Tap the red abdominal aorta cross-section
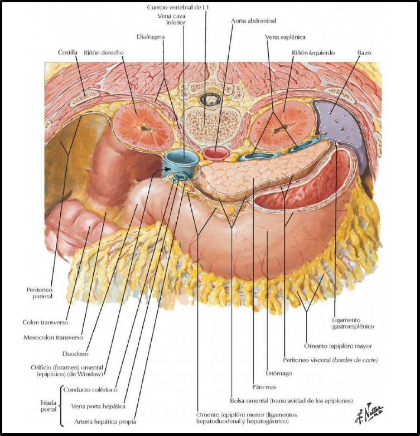click(x=215, y=153)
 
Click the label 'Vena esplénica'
click(x=285, y=37)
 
